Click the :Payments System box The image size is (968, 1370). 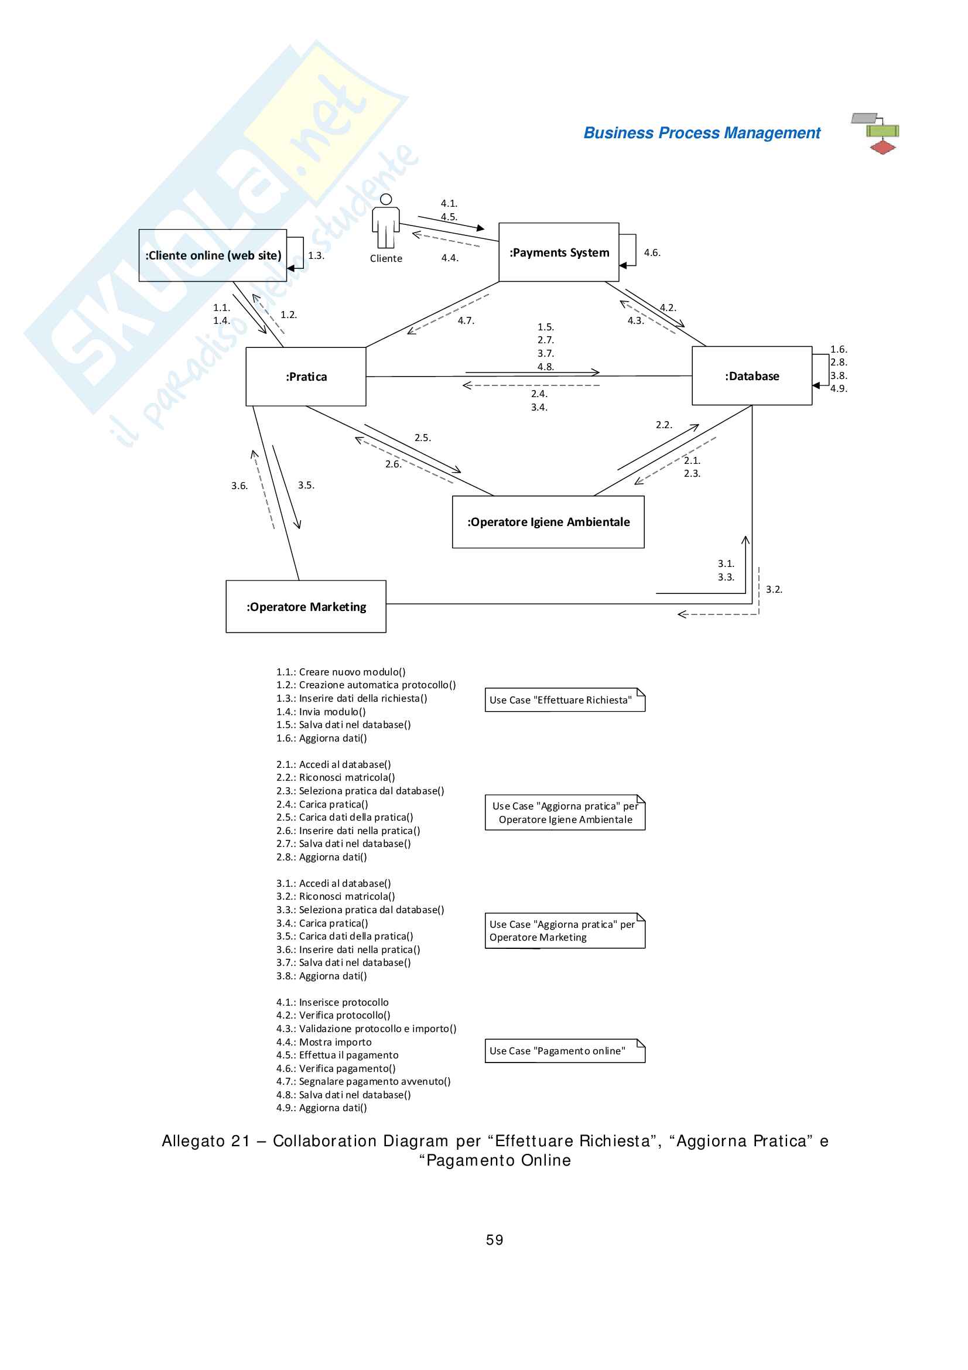pyautogui.click(x=558, y=252)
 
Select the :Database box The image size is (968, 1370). pyautogui.click(x=751, y=376)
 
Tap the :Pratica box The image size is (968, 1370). pyautogui.click(x=306, y=377)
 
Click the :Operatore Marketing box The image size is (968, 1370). pyautogui.click(x=306, y=607)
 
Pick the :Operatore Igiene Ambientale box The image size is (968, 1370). pyautogui.click(x=548, y=522)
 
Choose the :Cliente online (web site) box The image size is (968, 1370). pyautogui.click(x=213, y=255)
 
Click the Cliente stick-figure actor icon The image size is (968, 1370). pyautogui.click(x=386, y=222)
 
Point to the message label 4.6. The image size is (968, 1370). pyautogui.click(x=652, y=253)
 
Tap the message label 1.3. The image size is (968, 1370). pyautogui.click(x=316, y=256)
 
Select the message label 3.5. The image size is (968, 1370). pyautogui.click(x=306, y=486)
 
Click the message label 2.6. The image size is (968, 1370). pyautogui.click(x=393, y=464)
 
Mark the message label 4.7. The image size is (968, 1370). pyautogui.click(x=466, y=321)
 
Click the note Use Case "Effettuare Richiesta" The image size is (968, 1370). pyautogui.click(x=564, y=700)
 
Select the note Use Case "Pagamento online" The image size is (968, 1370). pyautogui.click(x=564, y=1051)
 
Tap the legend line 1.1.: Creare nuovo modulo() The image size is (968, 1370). pyautogui.click(x=341, y=672)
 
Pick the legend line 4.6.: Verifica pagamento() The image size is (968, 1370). pyautogui.click(x=336, y=1068)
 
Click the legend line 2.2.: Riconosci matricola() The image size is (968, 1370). pyautogui.click(x=335, y=777)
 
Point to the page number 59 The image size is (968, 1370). pyautogui.click(x=494, y=1240)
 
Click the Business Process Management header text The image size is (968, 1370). pyautogui.click(x=702, y=133)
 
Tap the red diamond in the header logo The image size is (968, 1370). pyautogui.click(x=882, y=148)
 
